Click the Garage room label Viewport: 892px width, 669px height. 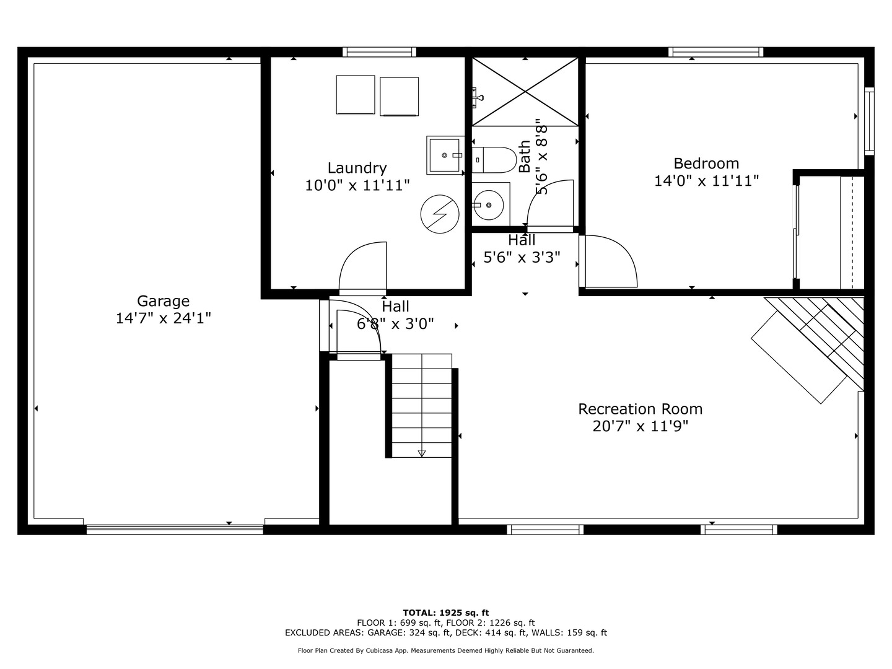click(x=163, y=301)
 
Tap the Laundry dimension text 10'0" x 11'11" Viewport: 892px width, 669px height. click(x=357, y=185)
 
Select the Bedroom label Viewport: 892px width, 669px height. click(x=706, y=164)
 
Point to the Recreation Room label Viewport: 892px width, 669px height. click(x=641, y=409)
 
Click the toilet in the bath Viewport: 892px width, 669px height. click(x=494, y=160)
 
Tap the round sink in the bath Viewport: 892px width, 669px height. click(x=489, y=205)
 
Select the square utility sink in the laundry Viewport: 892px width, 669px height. click(x=445, y=155)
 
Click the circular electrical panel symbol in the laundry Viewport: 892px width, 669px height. click(x=440, y=214)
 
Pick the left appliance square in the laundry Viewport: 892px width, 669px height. click(x=356, y=95)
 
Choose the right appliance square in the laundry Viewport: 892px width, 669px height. click(x=399, y=97)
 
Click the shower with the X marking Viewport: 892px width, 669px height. click(x=525, y=92)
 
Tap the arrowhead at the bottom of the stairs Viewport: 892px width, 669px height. click(x=422, y=453)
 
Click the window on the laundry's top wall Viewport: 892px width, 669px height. click(x=379, y=52)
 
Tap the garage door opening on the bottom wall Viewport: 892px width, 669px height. click(x=175, y=530)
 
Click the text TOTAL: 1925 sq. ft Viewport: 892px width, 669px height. click(x=446, y=613)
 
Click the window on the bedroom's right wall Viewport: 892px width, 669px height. click(x=869, y=121)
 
